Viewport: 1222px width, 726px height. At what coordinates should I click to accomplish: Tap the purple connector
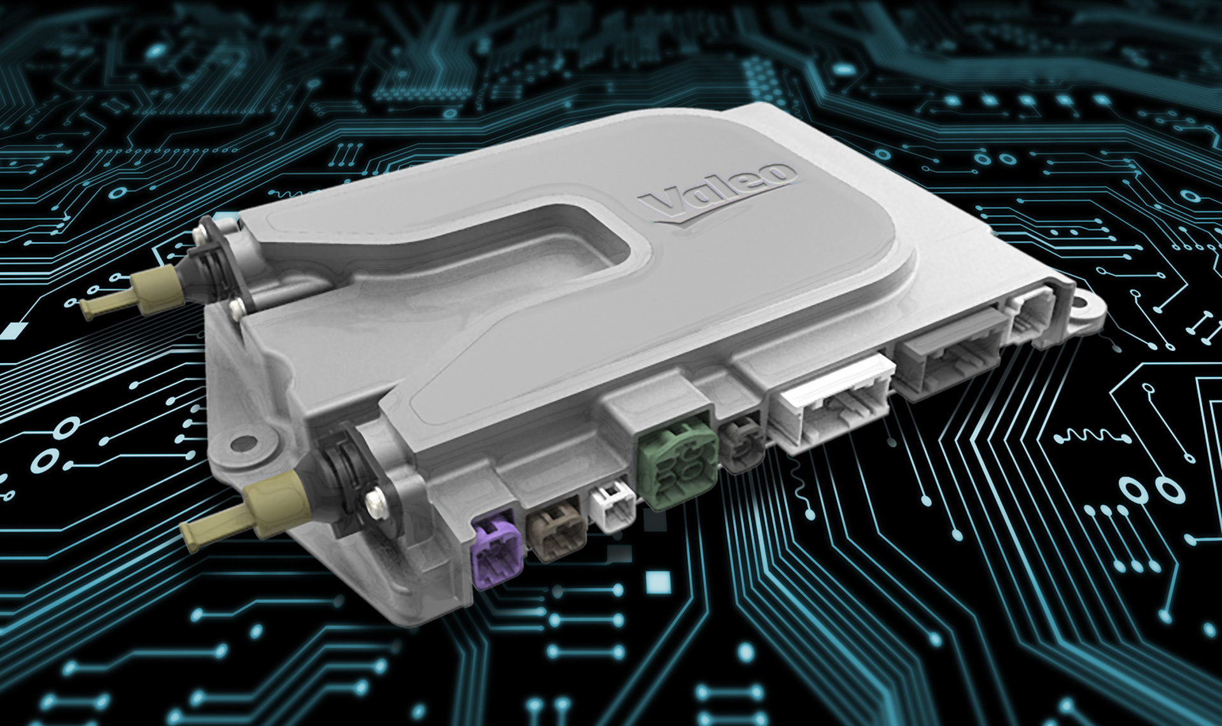(496, 549)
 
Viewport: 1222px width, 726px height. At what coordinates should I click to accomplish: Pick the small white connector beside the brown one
(613, 506)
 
